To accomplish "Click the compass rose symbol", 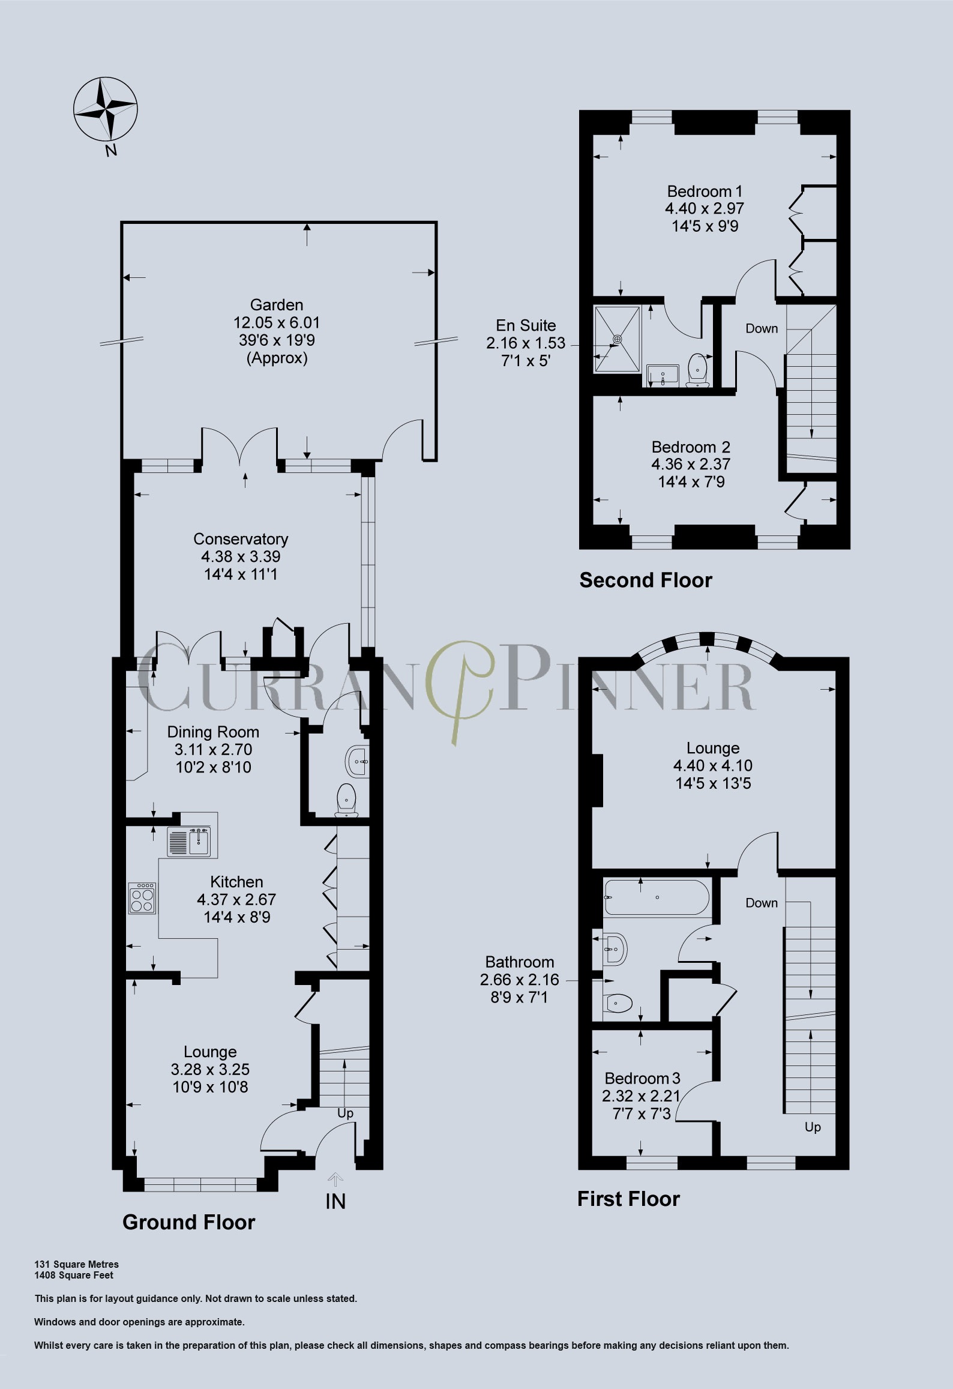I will [x=106, y=110].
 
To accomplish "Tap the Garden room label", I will [x=277, y=305].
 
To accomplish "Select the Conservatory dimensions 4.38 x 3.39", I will [x=241, y=556].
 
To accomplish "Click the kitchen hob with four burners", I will [x=142, y=898].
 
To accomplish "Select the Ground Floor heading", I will [x=188, y=1222].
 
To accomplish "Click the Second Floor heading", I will [x=646, y=580].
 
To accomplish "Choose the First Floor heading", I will [x=628, y=1199].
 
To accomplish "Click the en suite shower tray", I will [x=617, y=340].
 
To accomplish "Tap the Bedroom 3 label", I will [x=642, y=1078].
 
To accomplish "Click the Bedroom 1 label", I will [x=705, y=191].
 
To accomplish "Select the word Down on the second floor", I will [x=762, y=328].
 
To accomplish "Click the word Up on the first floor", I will [x=813, y=1127].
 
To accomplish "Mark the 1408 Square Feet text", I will [x=74, y=1275].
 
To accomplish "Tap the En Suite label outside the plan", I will [x=526, y=325].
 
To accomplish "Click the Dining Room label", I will [x=213, y=732].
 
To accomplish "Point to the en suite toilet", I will [x=698, y=369].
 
